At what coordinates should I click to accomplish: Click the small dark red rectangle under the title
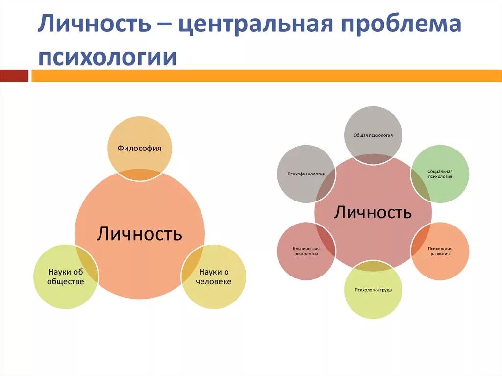point(14,75)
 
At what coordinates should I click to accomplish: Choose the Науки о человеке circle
point(216,277)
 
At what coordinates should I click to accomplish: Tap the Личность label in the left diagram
point(139,233)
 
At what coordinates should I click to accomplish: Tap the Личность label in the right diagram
point(373,212)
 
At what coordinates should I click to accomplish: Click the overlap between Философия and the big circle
point(140,175)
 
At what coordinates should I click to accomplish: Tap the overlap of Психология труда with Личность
point(373,266)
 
